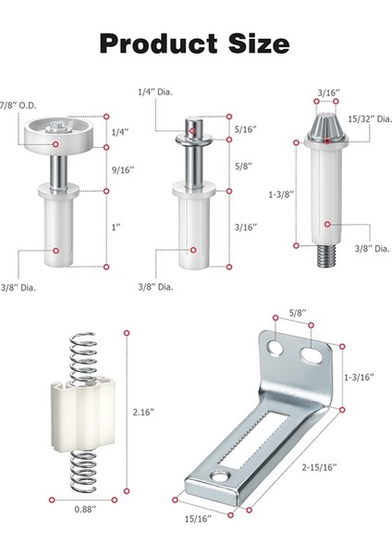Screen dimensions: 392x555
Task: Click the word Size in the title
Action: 259,43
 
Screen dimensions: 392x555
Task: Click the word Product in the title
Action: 158,43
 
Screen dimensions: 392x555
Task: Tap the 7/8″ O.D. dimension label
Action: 18,105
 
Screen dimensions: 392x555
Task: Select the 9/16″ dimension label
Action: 123,170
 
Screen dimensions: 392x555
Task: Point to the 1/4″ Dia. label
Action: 155,92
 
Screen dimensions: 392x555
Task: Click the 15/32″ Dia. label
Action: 370,119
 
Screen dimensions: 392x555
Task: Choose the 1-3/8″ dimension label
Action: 281,194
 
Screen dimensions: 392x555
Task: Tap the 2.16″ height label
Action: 143,412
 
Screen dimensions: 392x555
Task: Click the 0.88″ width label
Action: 85,510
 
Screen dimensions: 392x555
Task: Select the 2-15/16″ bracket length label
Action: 320,467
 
